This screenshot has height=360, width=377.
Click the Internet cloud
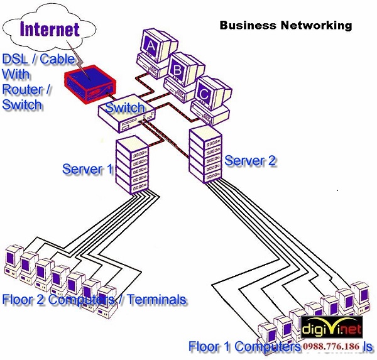[x=50, y=28]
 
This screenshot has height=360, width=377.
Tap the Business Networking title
[x=285, y=26]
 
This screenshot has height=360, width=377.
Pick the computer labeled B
[x=179, y=72]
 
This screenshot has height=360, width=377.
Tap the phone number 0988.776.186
[x=331, y=347]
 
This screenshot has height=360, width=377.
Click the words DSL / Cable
[x=38, y=60]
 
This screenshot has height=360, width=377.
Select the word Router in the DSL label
[x=21, y=89]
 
